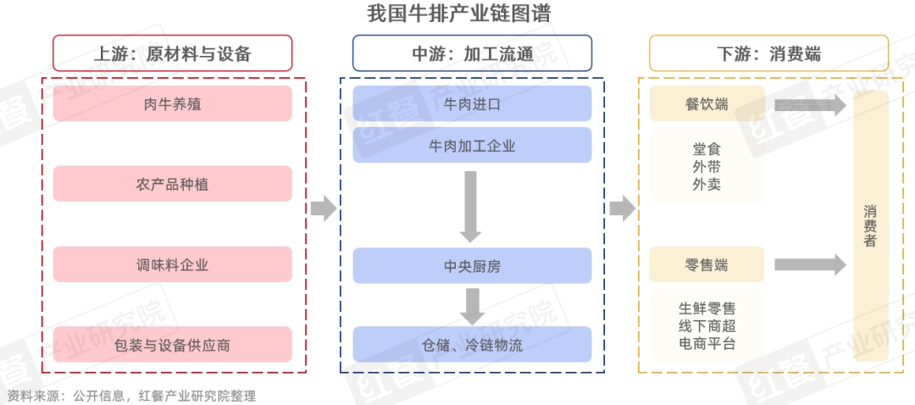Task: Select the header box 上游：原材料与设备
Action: [172, 53]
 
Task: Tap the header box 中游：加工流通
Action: [472, 53]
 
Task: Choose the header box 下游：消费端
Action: [768, 53]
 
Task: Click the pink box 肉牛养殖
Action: [172, 103]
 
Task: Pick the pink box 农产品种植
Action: [172, 184]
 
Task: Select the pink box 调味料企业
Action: [172, 264]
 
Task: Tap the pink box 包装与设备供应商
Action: [172, 345]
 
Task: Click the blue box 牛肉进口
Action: [472, 103]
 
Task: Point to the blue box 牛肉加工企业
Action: [472, 146]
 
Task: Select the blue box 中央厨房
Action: [472, 265]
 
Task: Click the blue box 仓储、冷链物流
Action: [472, 345]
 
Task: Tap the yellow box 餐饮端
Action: [707, 103]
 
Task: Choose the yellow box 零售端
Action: [707, 264]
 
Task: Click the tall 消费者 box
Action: [870, 225]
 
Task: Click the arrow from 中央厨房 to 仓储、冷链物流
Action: [471, 305]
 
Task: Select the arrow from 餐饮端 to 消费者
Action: [810, 105]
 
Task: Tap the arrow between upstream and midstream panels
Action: [323, 208]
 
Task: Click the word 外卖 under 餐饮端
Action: [707, 184]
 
